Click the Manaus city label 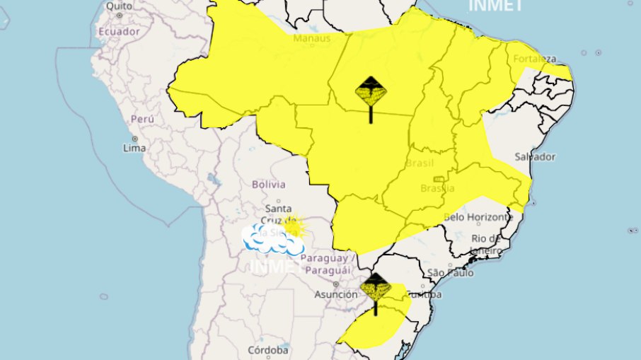312,39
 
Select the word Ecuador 118,32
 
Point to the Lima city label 134,148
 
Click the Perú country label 142,119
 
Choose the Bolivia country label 268,184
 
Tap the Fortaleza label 536,58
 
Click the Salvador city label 535,156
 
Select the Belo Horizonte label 477,216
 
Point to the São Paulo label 449,273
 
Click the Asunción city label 335,294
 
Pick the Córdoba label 268,350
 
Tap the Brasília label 437,189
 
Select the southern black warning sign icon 374,291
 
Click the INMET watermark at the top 495,6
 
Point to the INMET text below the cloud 272,267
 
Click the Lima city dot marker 134,138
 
